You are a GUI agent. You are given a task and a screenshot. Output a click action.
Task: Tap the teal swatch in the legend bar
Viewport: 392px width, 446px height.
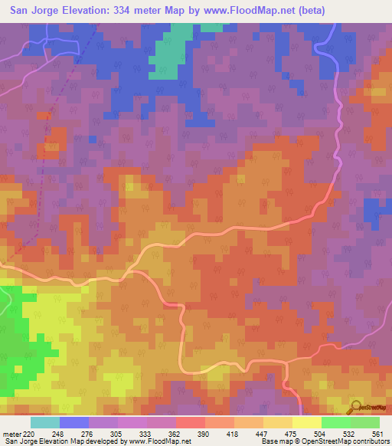(x=45, y=422)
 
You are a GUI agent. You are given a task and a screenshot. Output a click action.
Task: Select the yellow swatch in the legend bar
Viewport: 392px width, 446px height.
(x=306, y=422)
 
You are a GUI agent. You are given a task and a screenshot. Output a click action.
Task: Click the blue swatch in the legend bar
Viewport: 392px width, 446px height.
(x=74, y=422)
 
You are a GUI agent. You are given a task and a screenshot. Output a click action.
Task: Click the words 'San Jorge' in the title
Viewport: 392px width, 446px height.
(x=34, y=11)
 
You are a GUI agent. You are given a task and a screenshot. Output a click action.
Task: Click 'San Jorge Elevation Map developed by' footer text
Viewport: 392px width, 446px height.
(x=61, y=441)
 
